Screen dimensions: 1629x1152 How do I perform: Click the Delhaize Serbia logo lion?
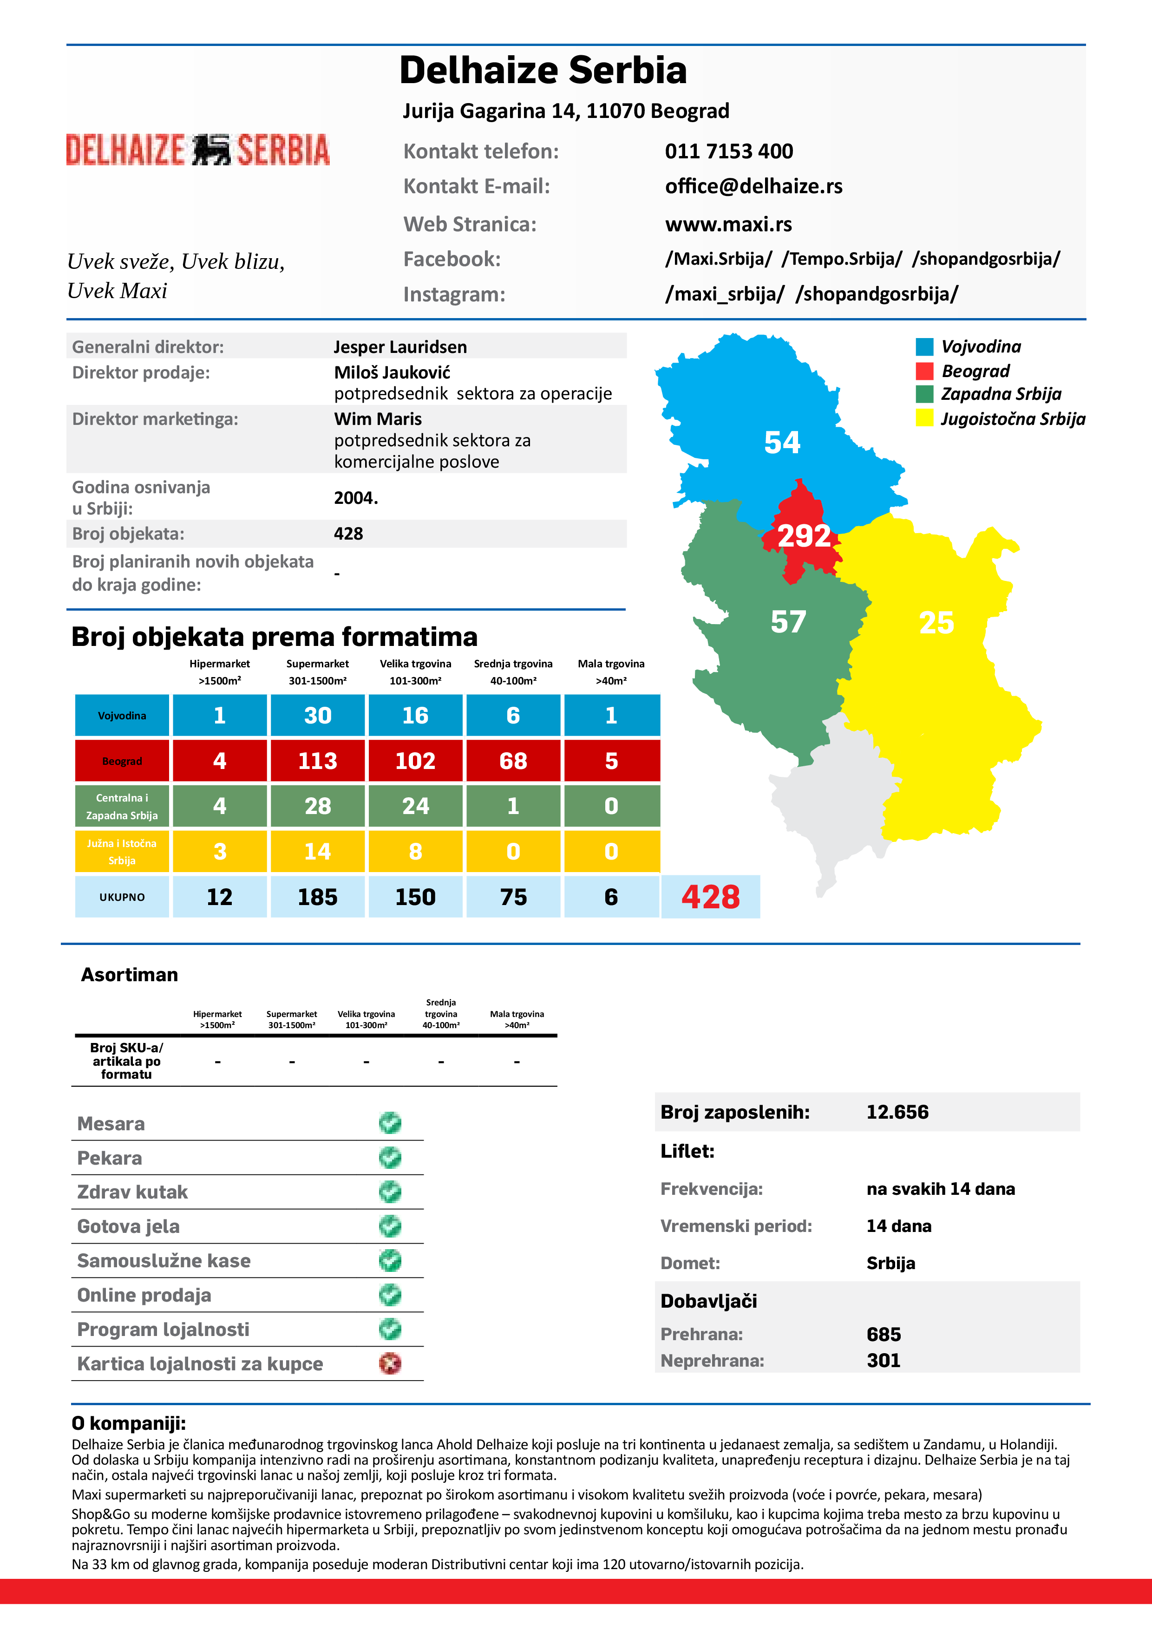(211, 150)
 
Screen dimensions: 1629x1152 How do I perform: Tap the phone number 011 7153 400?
(728, 151)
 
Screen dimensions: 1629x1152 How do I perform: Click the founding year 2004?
(356, 498)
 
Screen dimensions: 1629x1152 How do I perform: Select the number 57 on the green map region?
(788, 622)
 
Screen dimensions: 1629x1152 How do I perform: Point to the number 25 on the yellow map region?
(936, 623)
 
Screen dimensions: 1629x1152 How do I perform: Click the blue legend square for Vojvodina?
(924, 347)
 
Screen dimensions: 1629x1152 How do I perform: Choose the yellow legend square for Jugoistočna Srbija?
(924, 418)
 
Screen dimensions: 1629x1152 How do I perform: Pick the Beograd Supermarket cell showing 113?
(317, 761)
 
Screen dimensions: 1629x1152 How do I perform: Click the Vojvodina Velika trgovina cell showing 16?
(415, 715)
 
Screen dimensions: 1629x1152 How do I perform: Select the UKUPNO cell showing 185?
(317, 897)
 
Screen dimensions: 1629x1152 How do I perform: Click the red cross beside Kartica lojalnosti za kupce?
(390, 1363)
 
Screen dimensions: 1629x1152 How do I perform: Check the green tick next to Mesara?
(390, 1122)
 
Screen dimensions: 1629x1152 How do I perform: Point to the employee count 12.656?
(897, 1112)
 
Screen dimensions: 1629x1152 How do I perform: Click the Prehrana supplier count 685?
(883, 1334)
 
